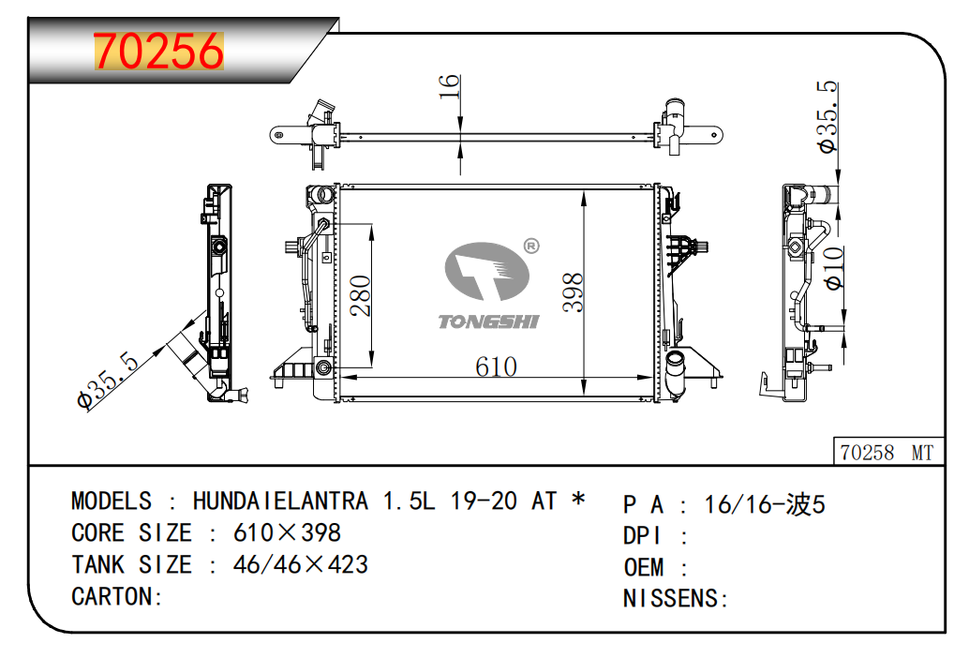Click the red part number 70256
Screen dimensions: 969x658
click(x=158, y=51)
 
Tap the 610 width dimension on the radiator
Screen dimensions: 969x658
click(x=497, y=366)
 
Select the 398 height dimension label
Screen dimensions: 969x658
click(x=573, y=292)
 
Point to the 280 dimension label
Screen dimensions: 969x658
click(x=360, y=296)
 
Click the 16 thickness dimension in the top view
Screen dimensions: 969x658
click(x=449, y=86)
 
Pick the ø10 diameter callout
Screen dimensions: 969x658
click(x=834, y=267)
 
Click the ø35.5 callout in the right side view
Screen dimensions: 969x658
click(x=827, y=117)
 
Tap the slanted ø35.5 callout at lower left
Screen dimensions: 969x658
click(x=109, y=380)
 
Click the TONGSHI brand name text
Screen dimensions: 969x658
click(x=488, y=322)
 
